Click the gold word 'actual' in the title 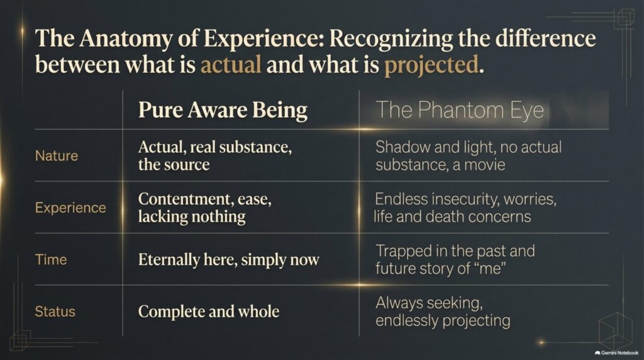pos(231,65)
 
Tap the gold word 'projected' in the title pos(431,65)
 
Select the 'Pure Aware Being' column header pos(223,110)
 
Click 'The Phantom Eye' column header pos(460,110)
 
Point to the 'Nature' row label pos(56,155)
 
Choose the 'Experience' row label pos(70,208)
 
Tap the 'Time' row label pos(51,259)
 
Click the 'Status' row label pos(55,312)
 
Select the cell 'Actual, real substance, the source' pos(215,155)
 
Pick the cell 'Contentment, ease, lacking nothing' pos(204,208)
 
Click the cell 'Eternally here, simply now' pos(228,260)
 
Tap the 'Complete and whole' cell pos(209,312)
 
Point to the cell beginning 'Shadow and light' pos(468,155)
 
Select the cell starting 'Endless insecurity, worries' pos(465,208)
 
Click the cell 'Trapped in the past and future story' pos(455,259)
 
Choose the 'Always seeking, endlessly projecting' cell pos(443,312)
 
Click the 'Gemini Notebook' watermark pos(616,352)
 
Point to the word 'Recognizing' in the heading pos(391,39)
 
